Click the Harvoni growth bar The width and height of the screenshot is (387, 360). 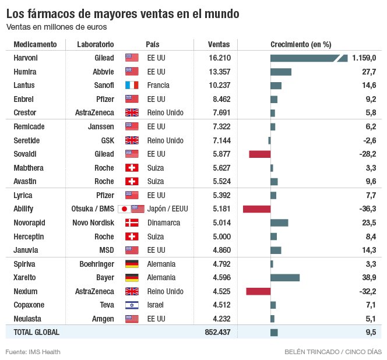tap(309, 58)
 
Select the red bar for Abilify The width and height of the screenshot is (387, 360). tap(256, 209)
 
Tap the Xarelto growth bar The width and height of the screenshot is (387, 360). tap(285, 277)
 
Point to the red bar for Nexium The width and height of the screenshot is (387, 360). tap(258, 291)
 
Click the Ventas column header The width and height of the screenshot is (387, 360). tap(219, 44)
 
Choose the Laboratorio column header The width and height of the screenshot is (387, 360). tap(96, 44)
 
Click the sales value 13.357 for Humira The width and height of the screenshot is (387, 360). tap(220, 72)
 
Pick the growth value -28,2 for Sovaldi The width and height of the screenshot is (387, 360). tap(367, 154)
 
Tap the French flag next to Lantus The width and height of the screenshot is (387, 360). tap(132, 86)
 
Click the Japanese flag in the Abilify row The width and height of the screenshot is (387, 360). tap(124, 209)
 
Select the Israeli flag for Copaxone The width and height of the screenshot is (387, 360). tap(132, 305)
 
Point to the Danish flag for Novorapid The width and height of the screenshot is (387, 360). tap(132, 223)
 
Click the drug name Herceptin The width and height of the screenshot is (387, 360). tap(29, 237)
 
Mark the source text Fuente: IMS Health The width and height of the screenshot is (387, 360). tap(33, 352)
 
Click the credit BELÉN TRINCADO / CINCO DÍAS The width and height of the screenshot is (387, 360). tap(332, 352)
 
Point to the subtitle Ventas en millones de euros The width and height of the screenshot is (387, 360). tap(57, 27)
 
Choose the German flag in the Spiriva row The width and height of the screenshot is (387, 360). tap(132, 264)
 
